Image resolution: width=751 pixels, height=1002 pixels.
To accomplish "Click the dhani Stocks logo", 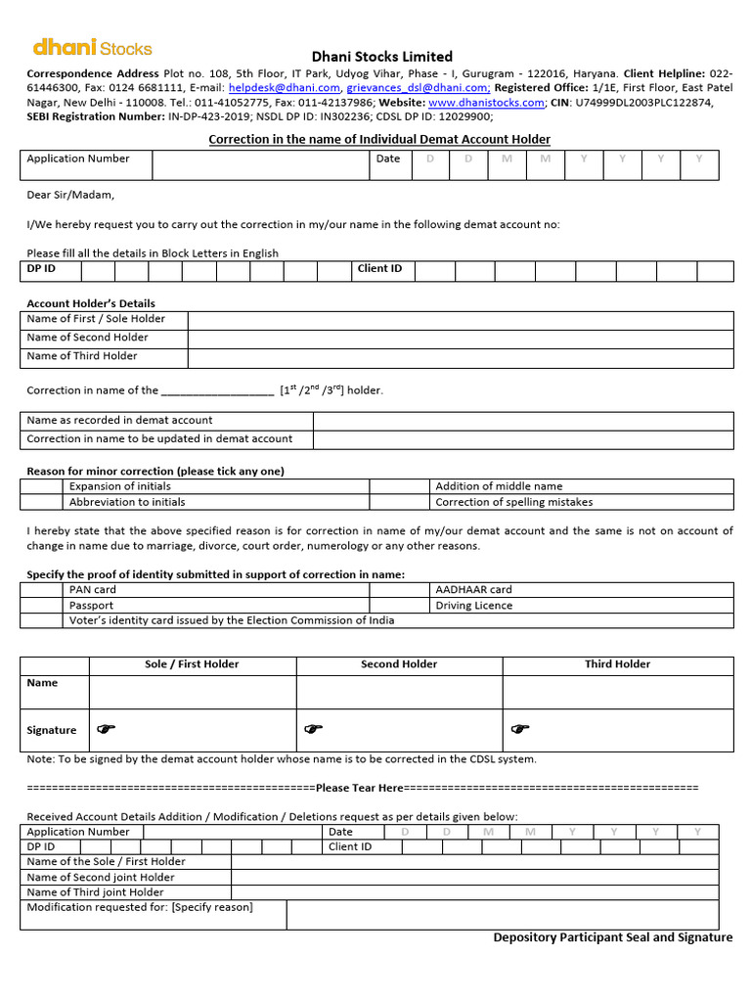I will pyautogui.click(x=92, y=47).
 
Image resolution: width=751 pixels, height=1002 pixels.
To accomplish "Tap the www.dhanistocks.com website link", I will pyautogui.click(x=486, y=103).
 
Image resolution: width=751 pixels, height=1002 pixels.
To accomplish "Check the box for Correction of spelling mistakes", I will pyautogui.click(x=401, y=502).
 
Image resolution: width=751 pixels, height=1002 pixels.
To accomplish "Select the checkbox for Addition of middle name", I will pyautogui.click(x=401, y=486).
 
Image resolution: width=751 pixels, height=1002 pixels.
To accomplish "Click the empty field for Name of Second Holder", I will pyautogui.click(x=460, y=338).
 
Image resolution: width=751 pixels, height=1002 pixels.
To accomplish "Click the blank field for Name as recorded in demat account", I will pyautogui.click(x=523, y=421).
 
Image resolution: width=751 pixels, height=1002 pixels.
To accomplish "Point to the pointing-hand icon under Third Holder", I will pyautogui.click(x=520, y=729).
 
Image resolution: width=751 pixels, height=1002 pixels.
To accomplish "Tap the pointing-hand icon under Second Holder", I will pyautogui.click(x=313, y=729).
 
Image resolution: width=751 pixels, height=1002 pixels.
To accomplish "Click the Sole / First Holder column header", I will pyautogui.click(x=192, y=664).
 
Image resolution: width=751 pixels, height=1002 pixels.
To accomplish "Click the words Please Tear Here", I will pyautogui.click(x=360, y=788).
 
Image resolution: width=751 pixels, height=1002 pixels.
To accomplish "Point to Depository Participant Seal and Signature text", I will pyautogui.click(x=612, y=937).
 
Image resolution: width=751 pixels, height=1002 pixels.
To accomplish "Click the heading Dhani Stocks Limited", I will pyautogui.click(x=381, y=57).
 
